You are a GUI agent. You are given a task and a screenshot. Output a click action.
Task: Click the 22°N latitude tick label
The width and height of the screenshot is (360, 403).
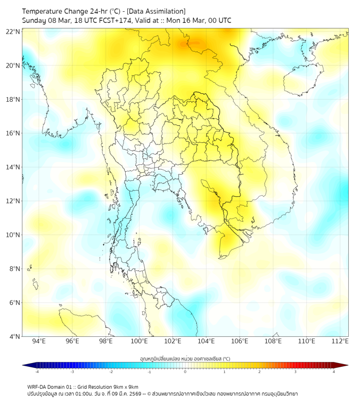pos(13,32)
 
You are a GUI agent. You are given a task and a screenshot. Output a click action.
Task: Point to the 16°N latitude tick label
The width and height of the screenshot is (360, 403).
pos(13,133)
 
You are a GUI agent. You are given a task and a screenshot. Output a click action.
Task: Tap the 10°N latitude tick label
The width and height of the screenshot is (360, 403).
pos(13,235)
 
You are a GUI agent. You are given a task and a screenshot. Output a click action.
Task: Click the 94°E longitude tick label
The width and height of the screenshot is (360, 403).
pos(39,341)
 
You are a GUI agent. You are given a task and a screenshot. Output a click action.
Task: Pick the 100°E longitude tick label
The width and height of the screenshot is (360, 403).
pos(140,341)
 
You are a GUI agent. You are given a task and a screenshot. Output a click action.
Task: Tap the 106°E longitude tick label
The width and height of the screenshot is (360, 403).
pos(240,341)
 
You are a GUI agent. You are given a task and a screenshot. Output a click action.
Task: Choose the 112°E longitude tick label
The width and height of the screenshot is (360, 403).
pos(340,341)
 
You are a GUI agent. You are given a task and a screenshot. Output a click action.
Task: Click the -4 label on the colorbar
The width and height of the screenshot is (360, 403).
pos(36,372)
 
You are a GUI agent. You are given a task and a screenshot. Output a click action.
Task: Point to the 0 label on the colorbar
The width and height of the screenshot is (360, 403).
pos(185,372)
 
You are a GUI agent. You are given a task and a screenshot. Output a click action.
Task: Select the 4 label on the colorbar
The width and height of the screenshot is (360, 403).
pos(333,372)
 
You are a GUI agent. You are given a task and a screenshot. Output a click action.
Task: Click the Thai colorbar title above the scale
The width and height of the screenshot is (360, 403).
pos(185,358)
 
